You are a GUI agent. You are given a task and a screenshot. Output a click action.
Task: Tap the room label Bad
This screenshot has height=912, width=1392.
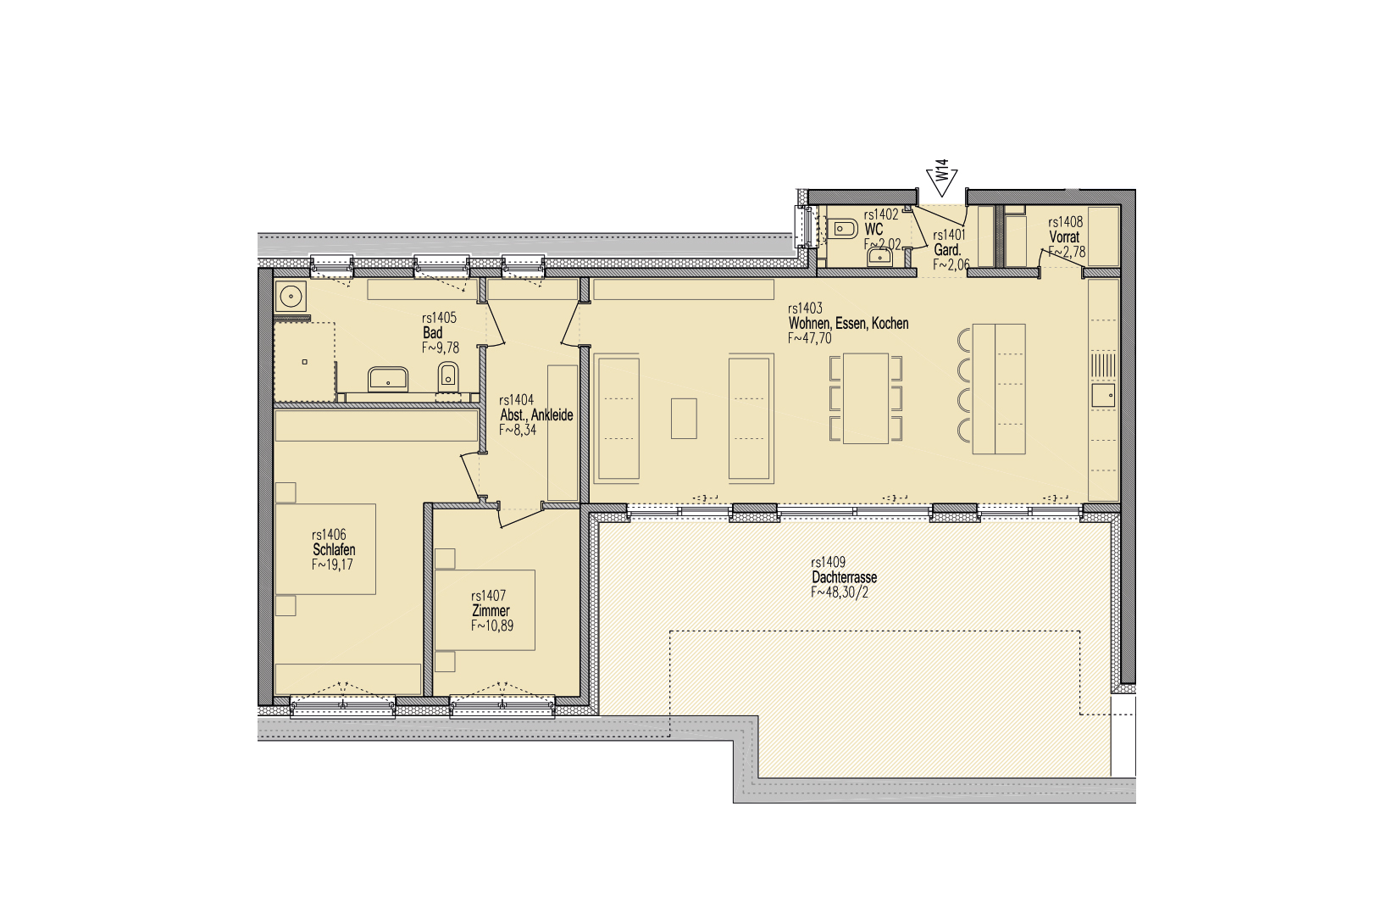pyautogui.click(x=433, y=332)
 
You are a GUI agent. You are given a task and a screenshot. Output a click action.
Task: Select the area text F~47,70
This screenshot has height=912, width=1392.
pyautogui.click(x=810, y=338)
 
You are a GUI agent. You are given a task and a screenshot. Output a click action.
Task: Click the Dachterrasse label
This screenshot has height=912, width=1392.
pyautogui.click(x=844, y=577)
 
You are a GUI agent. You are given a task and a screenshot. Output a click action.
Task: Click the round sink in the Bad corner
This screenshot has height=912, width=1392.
pyautogui.click(x=291, y=297)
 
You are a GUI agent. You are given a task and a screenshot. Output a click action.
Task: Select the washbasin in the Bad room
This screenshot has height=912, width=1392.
pyautogui.click(x=388, y=379)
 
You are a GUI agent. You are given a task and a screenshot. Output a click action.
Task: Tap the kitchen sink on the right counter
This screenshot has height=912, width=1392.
pyautogui.click(x=1103, y=395)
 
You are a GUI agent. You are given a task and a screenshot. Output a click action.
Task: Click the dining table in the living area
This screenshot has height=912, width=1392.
pyautogui.click(x=866, y=398)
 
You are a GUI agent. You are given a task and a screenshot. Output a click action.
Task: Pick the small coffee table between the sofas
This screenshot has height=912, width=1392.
pyautogui.click(x=684, y=419)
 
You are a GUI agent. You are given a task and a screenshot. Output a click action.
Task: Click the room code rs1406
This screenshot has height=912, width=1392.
pyautogui.click(x=329, y=535)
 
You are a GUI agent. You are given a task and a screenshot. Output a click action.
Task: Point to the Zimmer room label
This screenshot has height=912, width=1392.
pyautogui.click(x=491, y=611)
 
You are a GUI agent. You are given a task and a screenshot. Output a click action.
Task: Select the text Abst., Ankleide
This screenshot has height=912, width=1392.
pyautogui.click(x=536, y=415)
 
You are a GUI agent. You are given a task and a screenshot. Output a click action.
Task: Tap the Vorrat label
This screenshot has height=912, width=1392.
pyautogui.click(x=1064, y=236)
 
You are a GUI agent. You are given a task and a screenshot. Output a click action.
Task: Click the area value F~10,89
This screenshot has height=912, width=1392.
pyautogui.click(x=492, y=626)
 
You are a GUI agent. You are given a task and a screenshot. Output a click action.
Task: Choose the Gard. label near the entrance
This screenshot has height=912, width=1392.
pyautogui.click(x=947, y=250)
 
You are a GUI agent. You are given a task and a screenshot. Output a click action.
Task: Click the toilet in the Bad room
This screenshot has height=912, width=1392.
pyautogui.click(x=448, y=375)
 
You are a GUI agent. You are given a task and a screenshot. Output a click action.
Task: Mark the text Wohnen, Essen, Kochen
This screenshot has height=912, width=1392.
pyautogui.click(x=848, y=323)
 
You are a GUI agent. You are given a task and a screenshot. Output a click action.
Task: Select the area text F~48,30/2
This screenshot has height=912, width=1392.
pyautogui.click(x=839, y=592)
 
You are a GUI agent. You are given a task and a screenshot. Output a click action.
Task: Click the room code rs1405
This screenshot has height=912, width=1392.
pyautogui.click(x=440, y=318)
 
